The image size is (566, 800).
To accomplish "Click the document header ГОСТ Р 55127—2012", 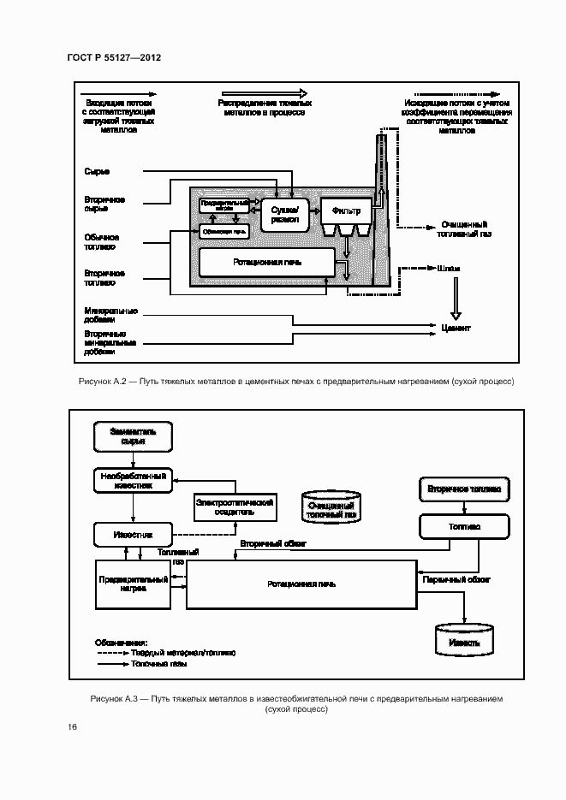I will [113, 56].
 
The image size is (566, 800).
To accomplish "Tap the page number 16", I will [72, 727].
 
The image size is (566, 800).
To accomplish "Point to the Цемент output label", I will [456, 328].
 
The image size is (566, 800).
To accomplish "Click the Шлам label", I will [449, 268].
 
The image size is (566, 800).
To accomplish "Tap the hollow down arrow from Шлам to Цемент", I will [455, 299].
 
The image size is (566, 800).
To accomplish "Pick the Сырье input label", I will [97, 172].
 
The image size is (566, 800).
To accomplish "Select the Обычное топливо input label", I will [101, 242].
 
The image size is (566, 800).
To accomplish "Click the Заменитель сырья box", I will [132, 437].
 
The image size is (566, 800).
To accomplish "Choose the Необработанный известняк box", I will [132, 479].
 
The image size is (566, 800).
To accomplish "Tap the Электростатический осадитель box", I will [234, 507].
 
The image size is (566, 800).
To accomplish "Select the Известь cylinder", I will [464, 639].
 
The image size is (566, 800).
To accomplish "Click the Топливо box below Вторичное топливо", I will [463, 526].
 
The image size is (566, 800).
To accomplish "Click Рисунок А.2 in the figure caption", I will [102, 381].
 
